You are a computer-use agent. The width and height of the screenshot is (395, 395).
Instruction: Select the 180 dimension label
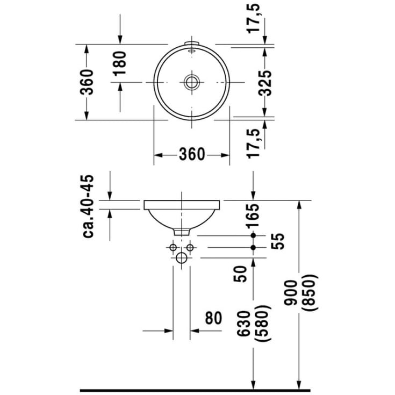(119, 62)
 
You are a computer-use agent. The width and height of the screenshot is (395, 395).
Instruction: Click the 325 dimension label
(264, 82)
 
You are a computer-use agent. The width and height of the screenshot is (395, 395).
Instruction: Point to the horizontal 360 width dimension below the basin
(192, 155)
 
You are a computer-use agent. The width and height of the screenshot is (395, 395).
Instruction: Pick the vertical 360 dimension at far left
(87, 82)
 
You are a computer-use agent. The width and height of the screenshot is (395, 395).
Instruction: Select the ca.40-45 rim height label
(88, 206)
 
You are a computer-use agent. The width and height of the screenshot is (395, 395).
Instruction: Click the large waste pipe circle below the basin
(182, 259)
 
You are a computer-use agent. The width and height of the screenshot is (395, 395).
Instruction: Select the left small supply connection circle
(173, 247)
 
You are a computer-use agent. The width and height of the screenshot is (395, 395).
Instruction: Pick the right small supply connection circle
(190, 247)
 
